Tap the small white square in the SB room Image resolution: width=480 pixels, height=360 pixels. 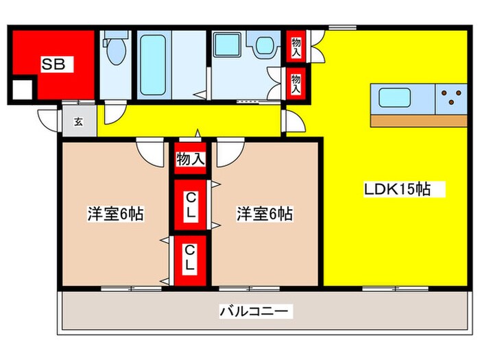click(x=23, y=90)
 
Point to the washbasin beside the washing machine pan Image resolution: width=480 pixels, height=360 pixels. click(x=264, y=47)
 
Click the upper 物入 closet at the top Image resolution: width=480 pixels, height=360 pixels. click(x=296, y=46)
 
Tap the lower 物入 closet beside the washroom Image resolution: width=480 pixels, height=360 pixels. click(x=296, y=82)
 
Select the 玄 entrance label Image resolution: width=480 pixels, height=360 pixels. click(x=78, y=122)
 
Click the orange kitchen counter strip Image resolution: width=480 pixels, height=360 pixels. click(x=419, y=120)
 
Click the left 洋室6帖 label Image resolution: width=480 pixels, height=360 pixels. click(x=115, y=214)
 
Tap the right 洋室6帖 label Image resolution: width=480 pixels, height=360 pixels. click(x=265, y=214)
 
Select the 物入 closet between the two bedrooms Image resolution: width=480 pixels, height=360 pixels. click(x=191, y=160)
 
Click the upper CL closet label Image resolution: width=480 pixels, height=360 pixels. click(x=191, y=205)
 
